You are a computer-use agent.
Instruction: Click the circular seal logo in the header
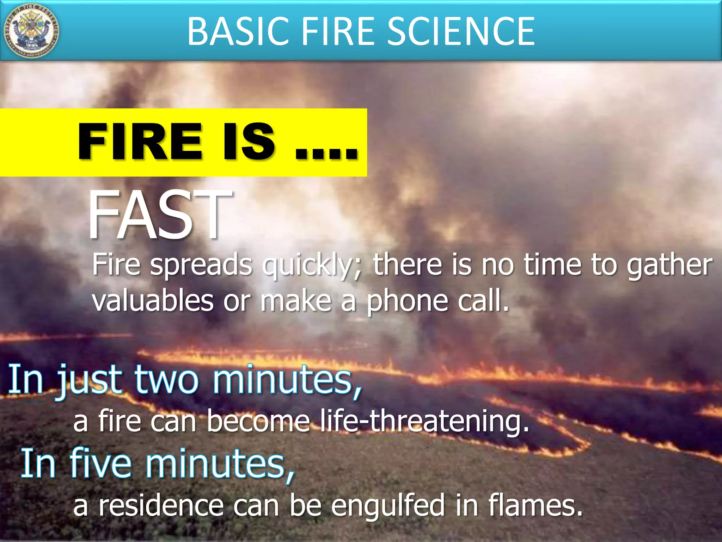point(31,31)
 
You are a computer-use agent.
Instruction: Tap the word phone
point(407,301)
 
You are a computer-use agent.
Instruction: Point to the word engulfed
point(388,506)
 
